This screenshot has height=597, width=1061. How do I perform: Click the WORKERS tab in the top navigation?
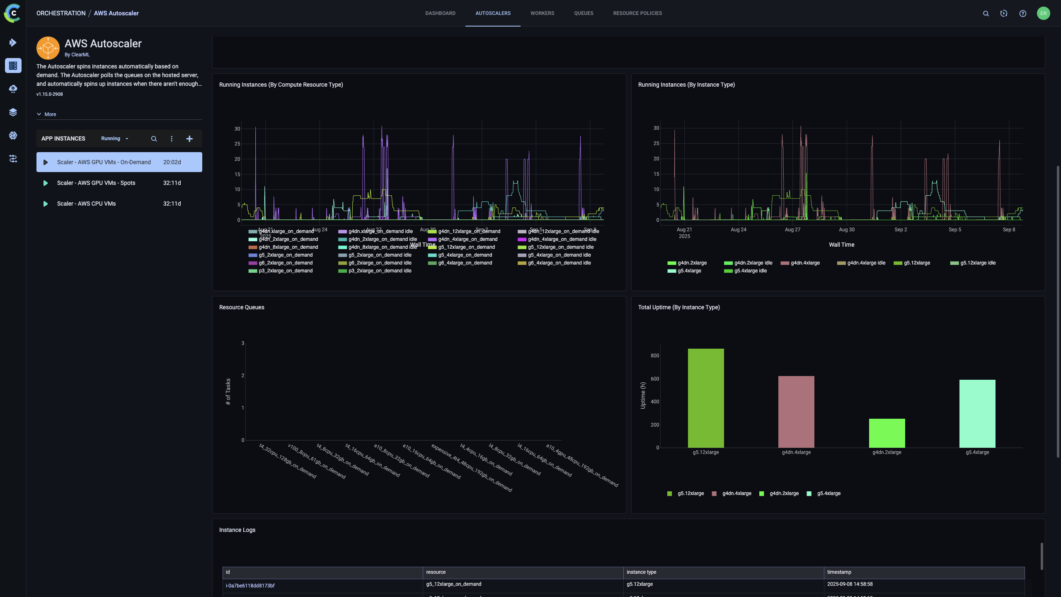[x=542, y=13]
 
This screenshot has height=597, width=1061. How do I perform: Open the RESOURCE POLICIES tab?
[x=637, y=13]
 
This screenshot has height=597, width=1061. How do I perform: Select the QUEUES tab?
[x=584, y=13]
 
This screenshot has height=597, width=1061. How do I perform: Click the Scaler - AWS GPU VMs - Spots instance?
[x=96, y=183]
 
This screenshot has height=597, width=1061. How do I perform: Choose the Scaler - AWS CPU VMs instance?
[x=86, y=204]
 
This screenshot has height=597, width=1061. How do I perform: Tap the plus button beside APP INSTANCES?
[x=189, y=139]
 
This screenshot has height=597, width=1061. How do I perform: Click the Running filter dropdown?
[x=114, y=138]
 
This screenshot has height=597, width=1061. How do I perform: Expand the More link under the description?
[x=50, y=114]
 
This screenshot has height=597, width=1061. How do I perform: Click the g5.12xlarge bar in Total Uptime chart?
[x=706, y=398]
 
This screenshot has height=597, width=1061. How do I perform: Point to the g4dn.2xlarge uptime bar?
[x=887, y=433]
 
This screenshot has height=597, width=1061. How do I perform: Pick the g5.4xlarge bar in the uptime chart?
[x=977, y=413]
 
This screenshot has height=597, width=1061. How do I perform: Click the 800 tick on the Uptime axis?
[x=655, y=356]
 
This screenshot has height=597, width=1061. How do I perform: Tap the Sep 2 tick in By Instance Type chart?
[x=901, y=230]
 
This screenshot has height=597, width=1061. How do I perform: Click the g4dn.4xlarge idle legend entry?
[x=866, y=263]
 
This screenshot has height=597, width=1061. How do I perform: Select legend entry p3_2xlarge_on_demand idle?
[x=379, y=271]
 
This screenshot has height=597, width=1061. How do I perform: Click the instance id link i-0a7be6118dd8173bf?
[x=250, y=586]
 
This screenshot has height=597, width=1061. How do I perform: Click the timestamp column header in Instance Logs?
[x=839, y=572]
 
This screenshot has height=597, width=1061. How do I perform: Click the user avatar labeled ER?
[x=1043, y=13]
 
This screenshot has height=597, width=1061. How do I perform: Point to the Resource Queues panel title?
[x=242, y=307]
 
